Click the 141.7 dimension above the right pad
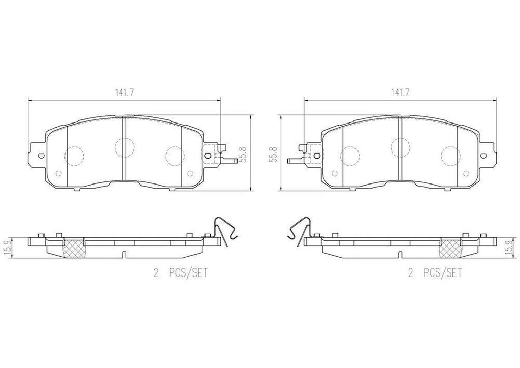pos(400,93)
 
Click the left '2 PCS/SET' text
pos(181,273)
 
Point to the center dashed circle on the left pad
pos(124,147)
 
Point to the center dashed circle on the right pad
pos(400,147)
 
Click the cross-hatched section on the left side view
pos(71,248)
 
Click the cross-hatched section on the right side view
pos(450,248)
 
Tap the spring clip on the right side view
pos(298,230)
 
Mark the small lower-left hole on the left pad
pos(57,173)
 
